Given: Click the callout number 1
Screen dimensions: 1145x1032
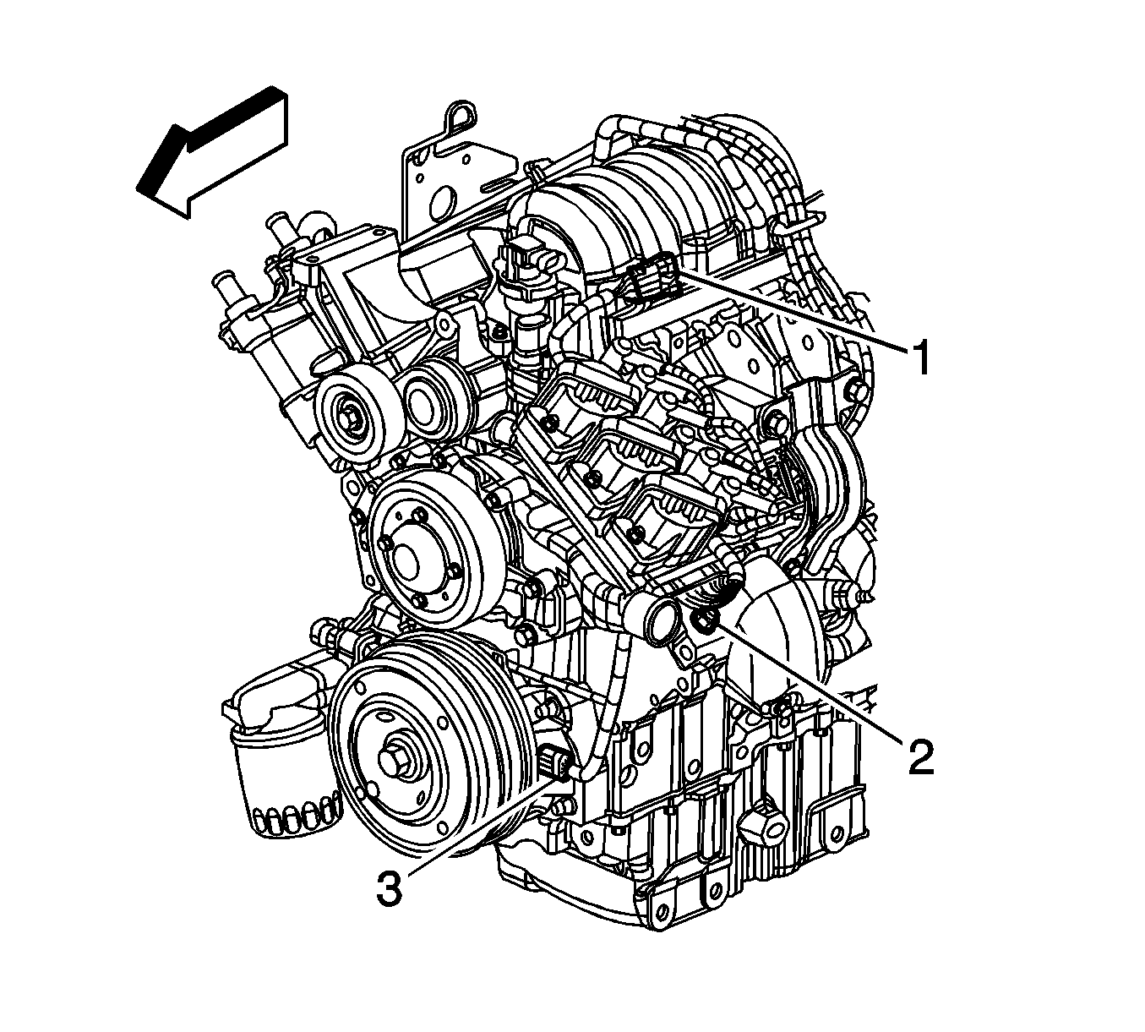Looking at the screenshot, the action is coord(919,357).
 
